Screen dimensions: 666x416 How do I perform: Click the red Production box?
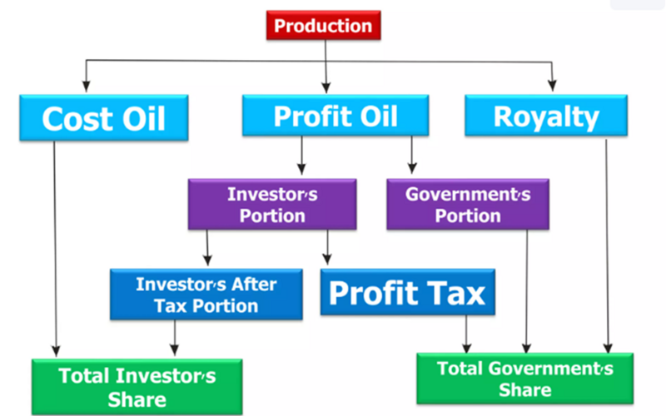pos(323,26)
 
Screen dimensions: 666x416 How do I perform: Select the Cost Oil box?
pos(103,117)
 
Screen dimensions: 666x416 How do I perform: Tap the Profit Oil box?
pos(335,116)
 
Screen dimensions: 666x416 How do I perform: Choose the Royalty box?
pos(546,116)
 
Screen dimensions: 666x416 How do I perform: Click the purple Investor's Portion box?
pos(272,204)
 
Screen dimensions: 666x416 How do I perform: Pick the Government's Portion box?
pos(468,204)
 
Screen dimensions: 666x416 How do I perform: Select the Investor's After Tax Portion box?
pos(206,295)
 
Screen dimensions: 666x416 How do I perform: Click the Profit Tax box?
pos(407,292)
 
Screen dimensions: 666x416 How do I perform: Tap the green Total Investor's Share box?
pos(137,387)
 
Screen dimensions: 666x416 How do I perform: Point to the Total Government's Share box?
pos(525,379)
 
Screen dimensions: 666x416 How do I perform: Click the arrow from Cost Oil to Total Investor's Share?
pos(55,249)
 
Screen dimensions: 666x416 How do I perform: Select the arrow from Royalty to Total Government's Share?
pos(607,245)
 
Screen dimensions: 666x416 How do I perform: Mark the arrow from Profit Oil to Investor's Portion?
pos(301,156)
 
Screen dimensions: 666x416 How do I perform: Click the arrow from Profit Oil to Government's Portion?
pos(411,155)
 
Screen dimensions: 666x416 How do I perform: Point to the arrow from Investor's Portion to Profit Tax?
pos(327,247)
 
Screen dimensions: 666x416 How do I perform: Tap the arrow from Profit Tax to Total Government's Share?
pos(466,334)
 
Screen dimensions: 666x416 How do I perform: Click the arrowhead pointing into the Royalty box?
pos(552,86)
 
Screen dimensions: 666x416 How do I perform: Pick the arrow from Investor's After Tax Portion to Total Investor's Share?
pos(174,338)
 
